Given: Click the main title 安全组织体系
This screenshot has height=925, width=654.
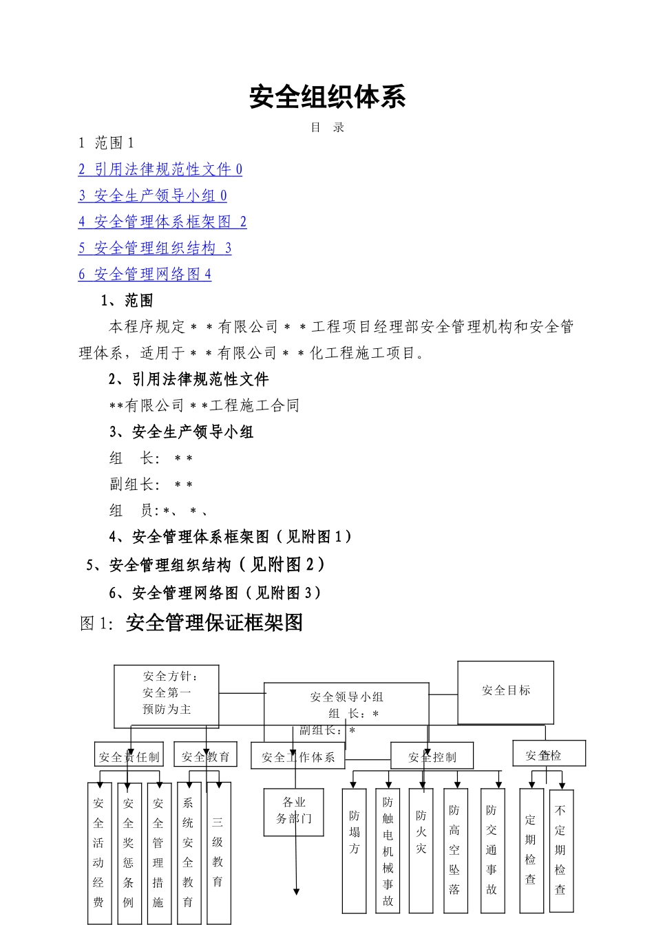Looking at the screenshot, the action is tap(327, 97).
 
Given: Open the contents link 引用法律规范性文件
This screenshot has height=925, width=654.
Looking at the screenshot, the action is tap(160, 169).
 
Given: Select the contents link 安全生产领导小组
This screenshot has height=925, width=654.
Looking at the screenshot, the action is tap(152, 195).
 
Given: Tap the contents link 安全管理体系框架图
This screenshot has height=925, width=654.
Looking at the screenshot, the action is tap(162, 222).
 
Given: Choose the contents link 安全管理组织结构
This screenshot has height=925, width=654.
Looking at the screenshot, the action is tap(154, 248).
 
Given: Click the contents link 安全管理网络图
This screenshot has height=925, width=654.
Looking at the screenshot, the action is tap(145, 274).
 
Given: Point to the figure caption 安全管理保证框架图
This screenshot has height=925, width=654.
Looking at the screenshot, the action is tap(214, 623).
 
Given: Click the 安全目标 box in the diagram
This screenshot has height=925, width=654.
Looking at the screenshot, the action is tap(506, 692).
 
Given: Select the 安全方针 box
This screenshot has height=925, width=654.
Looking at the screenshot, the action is tap(167, 696).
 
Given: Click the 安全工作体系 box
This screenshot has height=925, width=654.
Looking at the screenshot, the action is tap(298, 756).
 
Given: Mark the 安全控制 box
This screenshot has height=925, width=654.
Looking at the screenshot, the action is tap(432, 756).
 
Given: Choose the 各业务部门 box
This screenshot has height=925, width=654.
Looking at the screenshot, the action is tap(294, 811).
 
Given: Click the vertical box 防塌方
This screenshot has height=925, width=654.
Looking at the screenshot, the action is tap(354, 850).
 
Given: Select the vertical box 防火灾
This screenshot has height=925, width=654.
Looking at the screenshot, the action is tap(421, 850).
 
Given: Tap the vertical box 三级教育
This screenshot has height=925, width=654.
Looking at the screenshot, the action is tap(218, 852).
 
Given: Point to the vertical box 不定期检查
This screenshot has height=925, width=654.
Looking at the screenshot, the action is tap(561, 851).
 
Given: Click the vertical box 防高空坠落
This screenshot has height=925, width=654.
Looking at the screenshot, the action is tap(455, 851).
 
